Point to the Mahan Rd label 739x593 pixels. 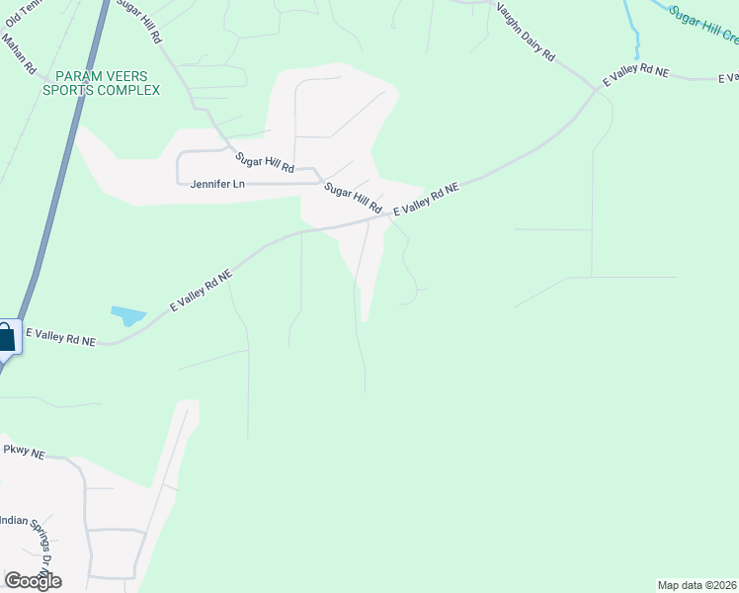coord(19,60)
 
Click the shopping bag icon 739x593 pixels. coord(6,336)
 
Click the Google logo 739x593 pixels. coord(33,581)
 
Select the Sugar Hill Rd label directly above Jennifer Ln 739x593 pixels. coord(265,162)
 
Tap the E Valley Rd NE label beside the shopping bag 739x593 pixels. coord(61,336)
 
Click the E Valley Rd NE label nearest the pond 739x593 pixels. coord(201,291)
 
